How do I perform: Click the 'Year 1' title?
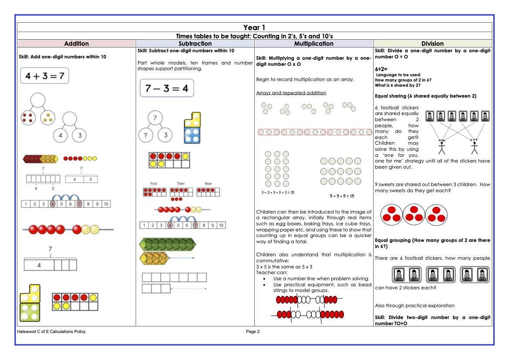[254, 28]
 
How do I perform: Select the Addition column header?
[76, 44]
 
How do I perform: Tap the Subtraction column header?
[195, 44]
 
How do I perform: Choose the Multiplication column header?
[313, 44]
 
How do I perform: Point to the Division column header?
[432, 44]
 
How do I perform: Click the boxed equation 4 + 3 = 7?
[44, 76]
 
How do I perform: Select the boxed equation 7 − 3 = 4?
[166, 88]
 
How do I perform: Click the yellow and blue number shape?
[192, 128]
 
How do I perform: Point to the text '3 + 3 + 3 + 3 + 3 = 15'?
[276, 192]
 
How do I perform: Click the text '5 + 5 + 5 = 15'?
[341, 196]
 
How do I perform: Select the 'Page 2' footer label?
[253, 332]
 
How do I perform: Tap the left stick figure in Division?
[442, 147]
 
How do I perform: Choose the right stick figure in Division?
[474, 147]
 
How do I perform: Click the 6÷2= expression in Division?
[381, 69]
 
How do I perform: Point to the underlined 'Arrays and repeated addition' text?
[291, 93]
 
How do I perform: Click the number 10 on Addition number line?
[106, 204]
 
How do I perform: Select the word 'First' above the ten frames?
[154, 183]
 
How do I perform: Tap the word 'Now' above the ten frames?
[208, 183]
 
